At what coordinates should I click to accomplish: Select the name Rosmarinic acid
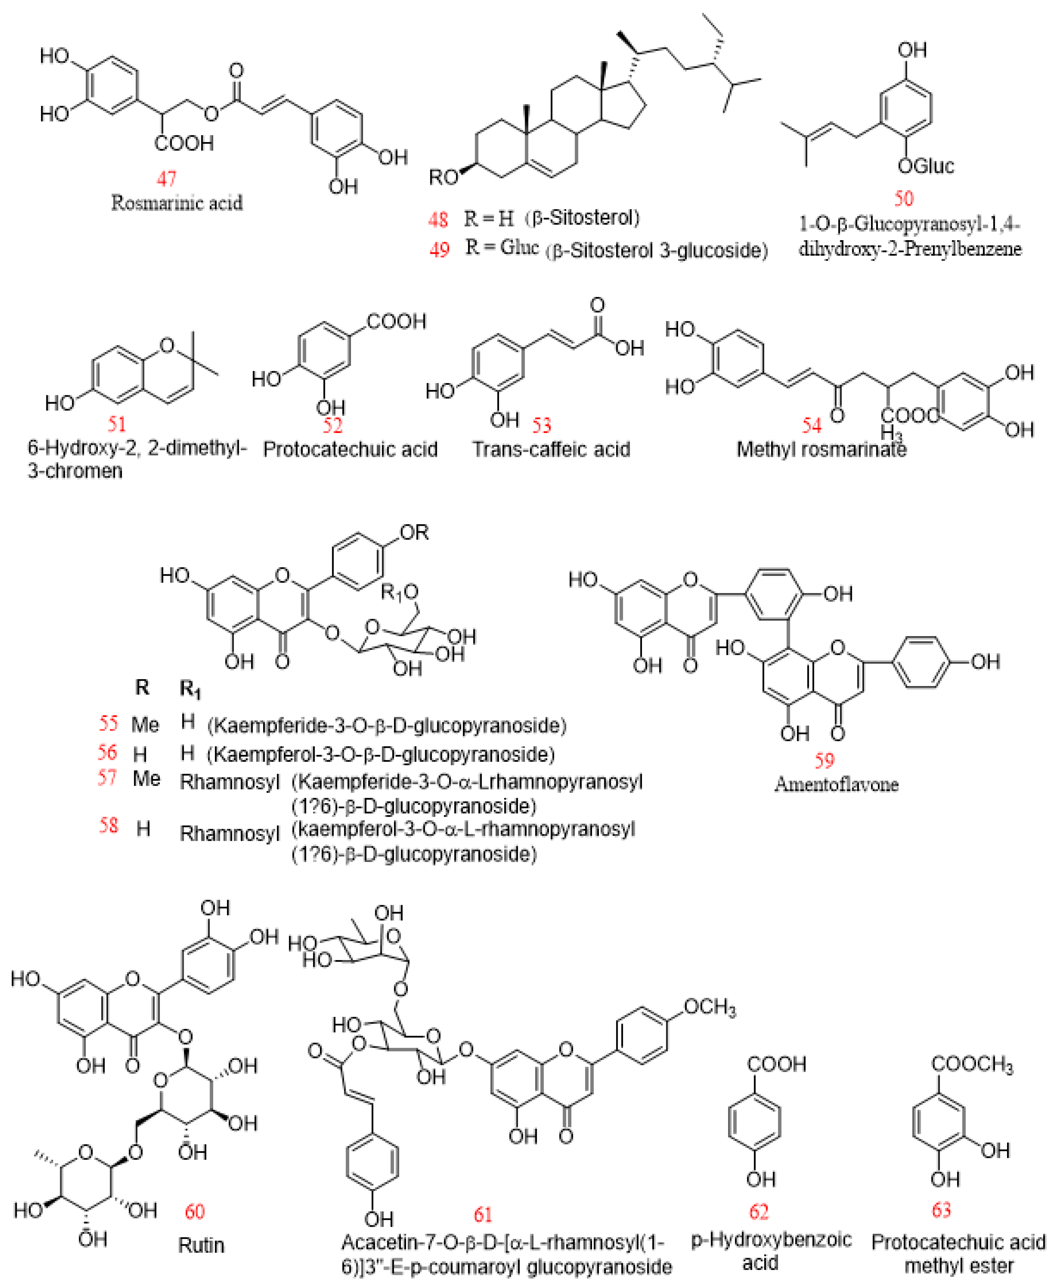click(x=177, y=203)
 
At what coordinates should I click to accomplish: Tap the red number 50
click(x=904, y=198)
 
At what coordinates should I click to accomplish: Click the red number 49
click(x=440, y=249)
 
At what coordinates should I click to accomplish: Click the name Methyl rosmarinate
click(x=821, y=450)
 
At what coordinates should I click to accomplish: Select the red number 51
click(x=117, y=424)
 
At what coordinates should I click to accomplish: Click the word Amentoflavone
click(x=836, y=784)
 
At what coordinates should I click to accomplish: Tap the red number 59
click(x=824, y=760)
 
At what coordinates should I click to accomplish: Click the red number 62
click(x=759, y=1211)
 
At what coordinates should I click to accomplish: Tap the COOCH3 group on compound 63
click(x=972, y=1064)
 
